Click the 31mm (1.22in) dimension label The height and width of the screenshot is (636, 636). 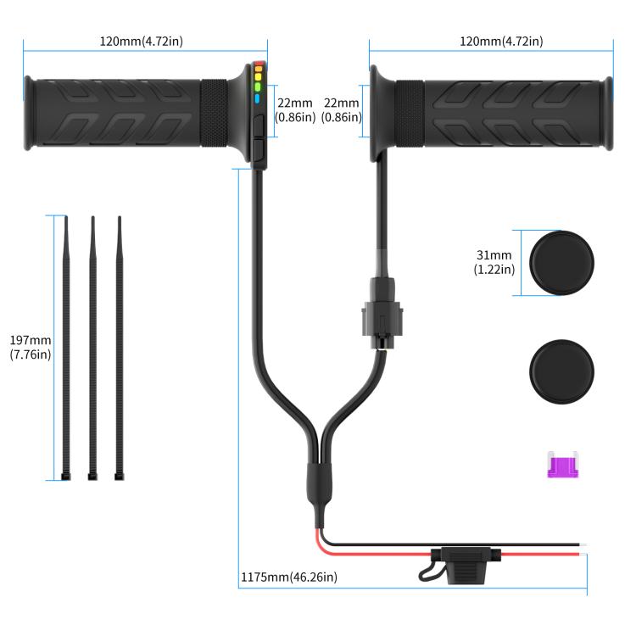[494, 262]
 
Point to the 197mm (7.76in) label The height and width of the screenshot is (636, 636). [31, 347]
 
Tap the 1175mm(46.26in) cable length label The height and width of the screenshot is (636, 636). [289, 577]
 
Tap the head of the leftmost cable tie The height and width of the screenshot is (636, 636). [66, 477]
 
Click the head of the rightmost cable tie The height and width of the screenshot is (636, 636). [119, 477]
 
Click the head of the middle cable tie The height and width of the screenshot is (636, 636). [92, 477]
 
